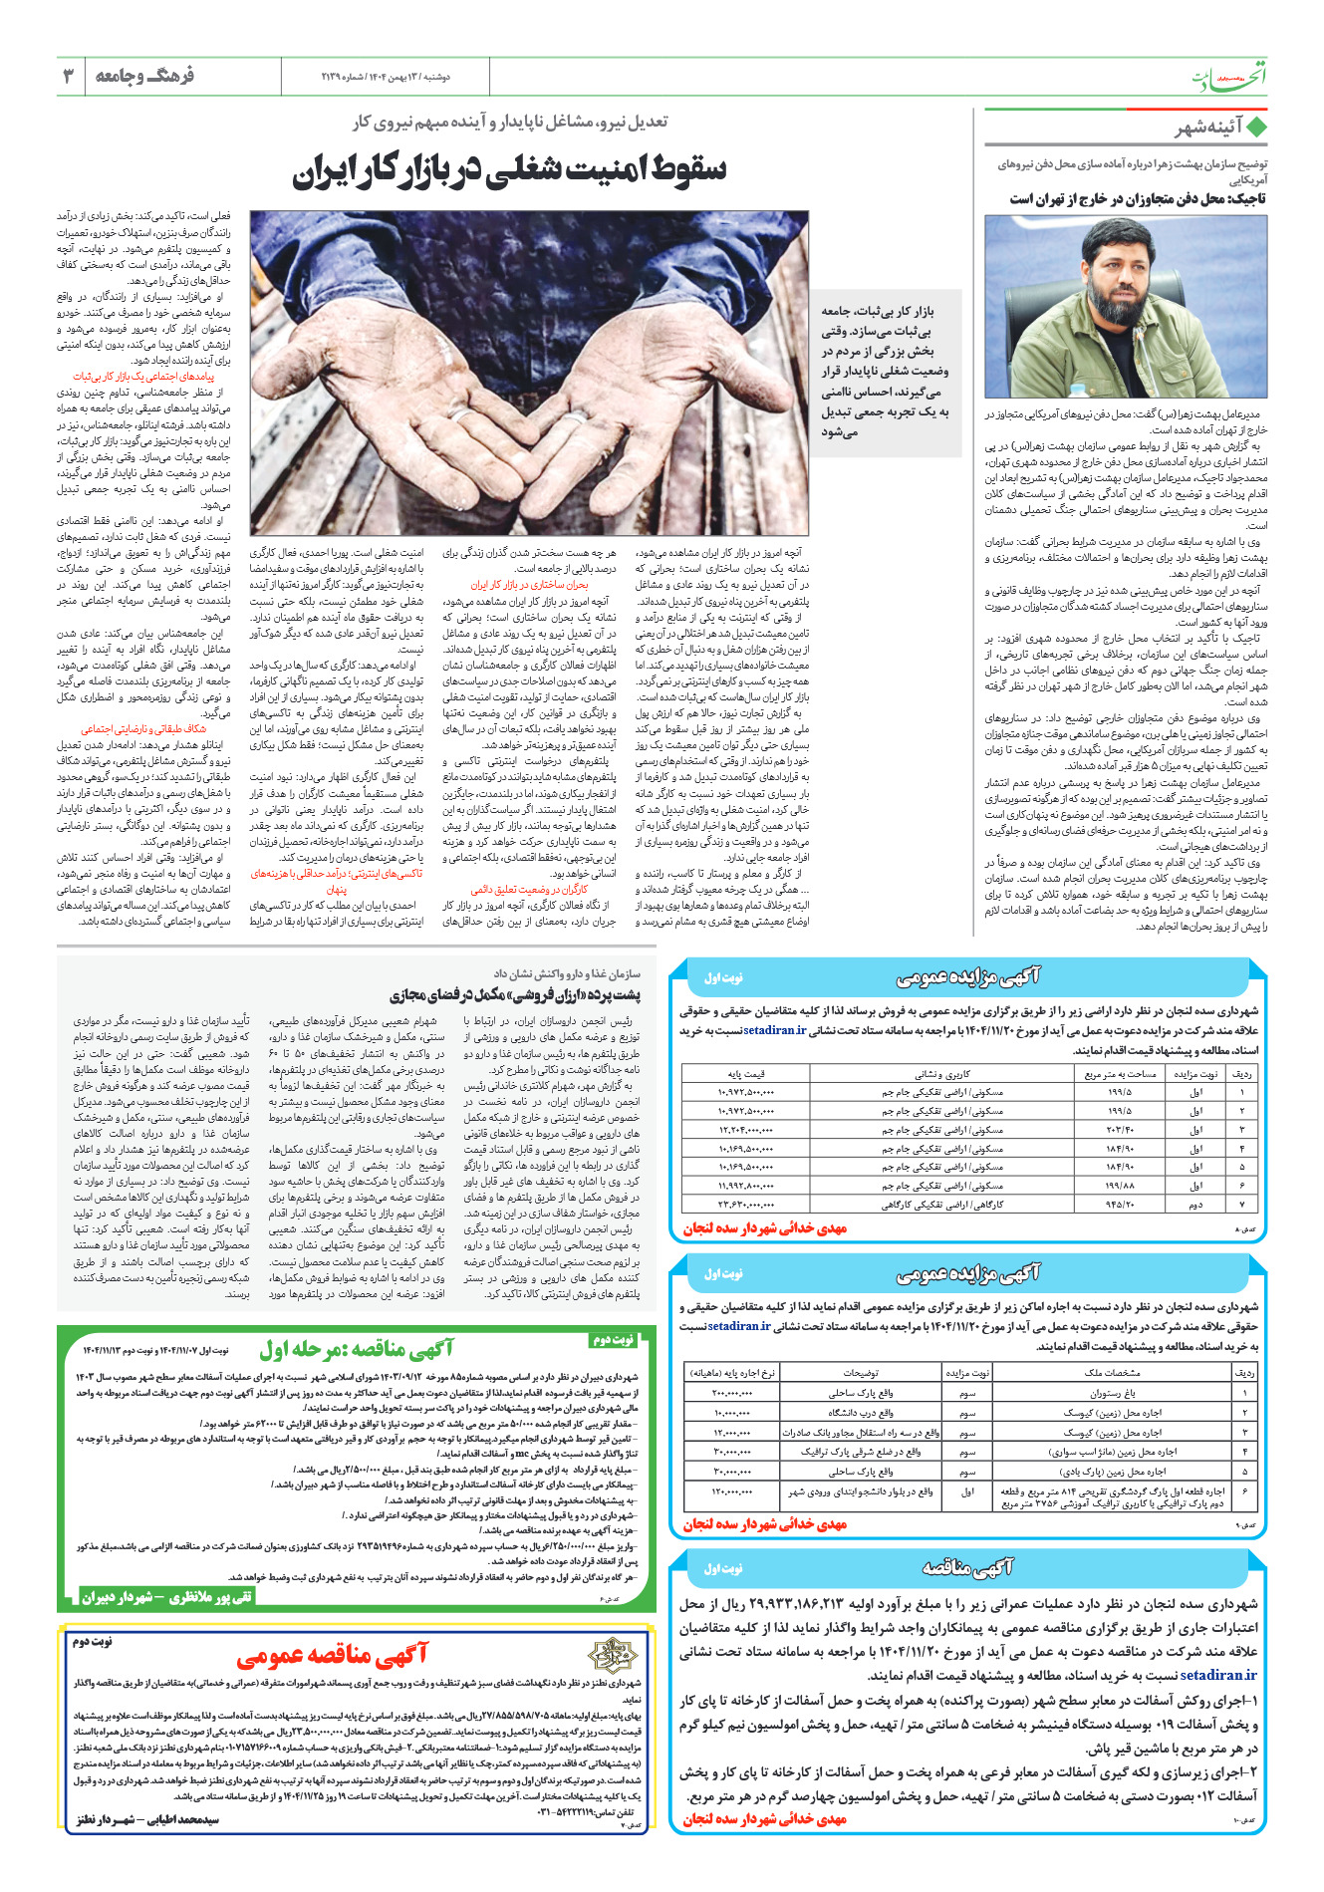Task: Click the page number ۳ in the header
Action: (69, 77)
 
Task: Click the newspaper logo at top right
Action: (1232, 77)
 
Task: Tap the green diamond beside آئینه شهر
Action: (1257, 128)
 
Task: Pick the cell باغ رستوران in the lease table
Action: (1112, 1393)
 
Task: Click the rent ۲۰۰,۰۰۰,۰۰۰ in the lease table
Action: (732, 1393)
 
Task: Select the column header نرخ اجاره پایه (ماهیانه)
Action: (732, 1372)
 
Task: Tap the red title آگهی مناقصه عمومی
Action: (332, 1656)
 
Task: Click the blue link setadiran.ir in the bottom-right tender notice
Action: (1218, 1675)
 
